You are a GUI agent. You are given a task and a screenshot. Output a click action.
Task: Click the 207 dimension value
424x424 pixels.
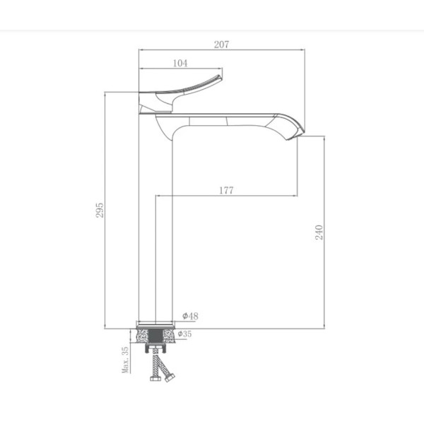click(221, 45)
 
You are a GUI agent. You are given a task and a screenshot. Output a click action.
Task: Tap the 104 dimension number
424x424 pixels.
click(180, 64)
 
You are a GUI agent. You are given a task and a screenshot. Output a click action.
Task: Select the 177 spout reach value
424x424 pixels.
click(226, 190)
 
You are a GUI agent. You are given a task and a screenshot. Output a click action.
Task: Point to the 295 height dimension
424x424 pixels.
click(100, 210)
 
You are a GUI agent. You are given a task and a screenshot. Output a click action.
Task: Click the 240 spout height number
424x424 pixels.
click(319, 232)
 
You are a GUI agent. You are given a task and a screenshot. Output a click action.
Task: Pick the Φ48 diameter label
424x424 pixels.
click(190, 316)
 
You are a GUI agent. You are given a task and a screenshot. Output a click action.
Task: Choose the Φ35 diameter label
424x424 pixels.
click(184, 334)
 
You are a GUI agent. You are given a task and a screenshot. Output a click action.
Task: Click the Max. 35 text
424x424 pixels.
click(126, 360)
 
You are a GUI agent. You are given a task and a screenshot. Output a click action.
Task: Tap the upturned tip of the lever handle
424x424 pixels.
click(220, 77)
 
